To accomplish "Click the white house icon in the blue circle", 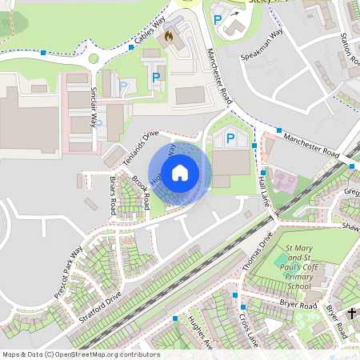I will tap(180, 171).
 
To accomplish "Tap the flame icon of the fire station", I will tap(169, 36).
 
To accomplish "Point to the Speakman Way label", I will tap(263, 46).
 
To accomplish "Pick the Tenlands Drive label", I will tap(142, 144).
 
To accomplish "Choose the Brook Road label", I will tap(140, 192).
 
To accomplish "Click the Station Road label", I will tap(346, 48).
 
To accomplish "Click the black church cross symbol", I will tap(352, 314).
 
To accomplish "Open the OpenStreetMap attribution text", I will tap(80, 354).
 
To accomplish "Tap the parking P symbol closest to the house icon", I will tap(231, 138).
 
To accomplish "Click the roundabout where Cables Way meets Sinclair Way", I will tap(94, 58).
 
